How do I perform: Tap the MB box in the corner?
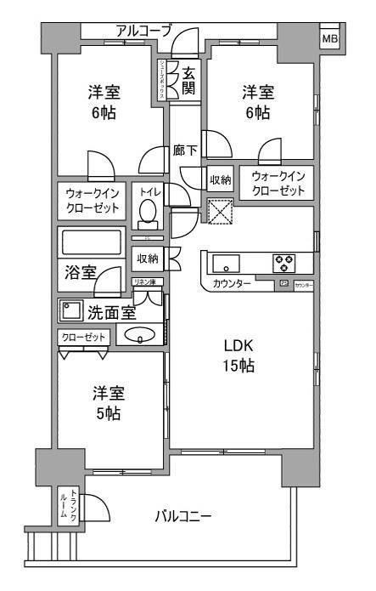pos(328,38)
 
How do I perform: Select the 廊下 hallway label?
pos(185,151)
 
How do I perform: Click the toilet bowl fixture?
pos(149,209)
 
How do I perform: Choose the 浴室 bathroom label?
pos(81,273)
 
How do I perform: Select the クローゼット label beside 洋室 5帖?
pos(84,338)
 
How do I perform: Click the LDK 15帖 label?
pos(239,356)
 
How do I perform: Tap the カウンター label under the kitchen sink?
pos(232,283)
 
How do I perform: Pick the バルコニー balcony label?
pos(182,515)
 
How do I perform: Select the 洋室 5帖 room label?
pos(108,404)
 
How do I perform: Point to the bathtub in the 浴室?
pos(91,242)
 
